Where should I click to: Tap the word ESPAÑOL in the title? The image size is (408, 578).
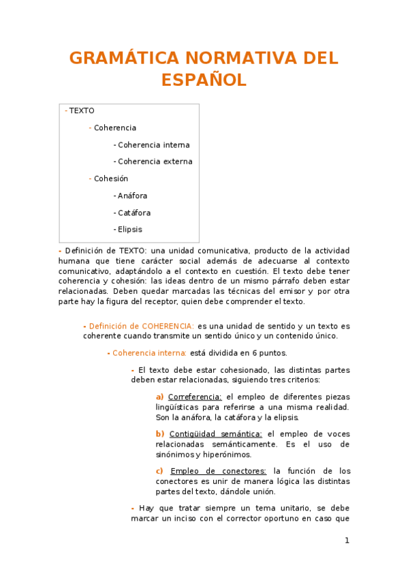204,80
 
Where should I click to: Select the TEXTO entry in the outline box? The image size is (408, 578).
82,110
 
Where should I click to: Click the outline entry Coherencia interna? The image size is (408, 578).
153,144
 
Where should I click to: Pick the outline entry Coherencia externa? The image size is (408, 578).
155,162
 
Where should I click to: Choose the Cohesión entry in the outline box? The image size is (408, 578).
110,179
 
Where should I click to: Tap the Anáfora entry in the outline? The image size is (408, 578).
132,196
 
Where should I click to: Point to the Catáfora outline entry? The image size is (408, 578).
134,213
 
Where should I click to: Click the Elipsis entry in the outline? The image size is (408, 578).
129,230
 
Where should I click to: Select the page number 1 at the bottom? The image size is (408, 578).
347,541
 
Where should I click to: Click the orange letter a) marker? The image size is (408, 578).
159,397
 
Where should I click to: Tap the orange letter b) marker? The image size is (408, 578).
160,433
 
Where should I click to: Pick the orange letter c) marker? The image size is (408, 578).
159,470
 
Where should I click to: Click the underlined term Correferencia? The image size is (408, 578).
195,397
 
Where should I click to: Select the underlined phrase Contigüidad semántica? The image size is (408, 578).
215,433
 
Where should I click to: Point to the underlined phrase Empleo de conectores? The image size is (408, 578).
218,470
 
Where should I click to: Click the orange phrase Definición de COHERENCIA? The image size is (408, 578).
142,326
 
